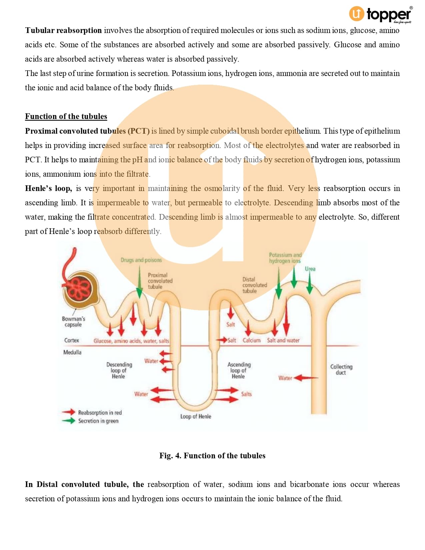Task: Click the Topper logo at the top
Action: pos(380,15)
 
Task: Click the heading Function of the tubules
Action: pos(66,116)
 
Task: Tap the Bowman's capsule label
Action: pos(73,322)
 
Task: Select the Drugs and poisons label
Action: pos(141,260)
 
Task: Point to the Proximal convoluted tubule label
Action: pos(160,281)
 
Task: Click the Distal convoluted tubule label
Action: pos(254,285)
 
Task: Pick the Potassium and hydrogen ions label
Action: pos(285,258)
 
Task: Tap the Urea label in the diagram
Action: pos(310,269)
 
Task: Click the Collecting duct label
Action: pos(341,369)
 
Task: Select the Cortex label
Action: pos(72,340)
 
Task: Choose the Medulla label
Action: pos(72,352)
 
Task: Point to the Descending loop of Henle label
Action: pos(119,370)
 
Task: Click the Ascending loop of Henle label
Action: pos(239,370)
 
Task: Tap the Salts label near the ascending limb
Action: pos(246,394)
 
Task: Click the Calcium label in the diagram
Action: pos(251,340)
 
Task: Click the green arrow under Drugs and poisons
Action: pos(140,283)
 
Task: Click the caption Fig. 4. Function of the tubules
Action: pos(212,456)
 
